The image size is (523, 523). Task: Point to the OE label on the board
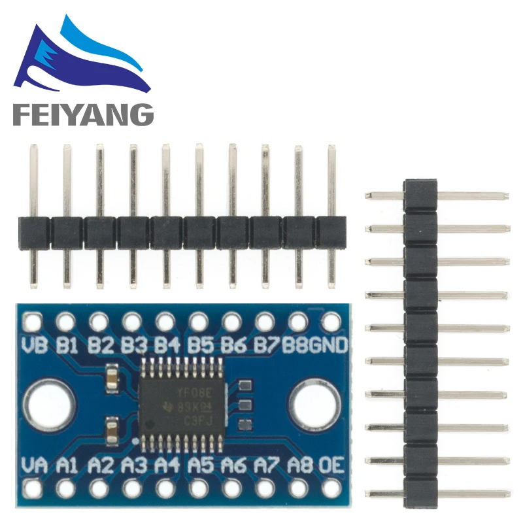coord(331,465)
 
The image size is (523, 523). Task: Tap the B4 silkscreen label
coord(166,345)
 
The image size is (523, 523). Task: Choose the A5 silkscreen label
coord(199,465)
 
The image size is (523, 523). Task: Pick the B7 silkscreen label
coord(265,345)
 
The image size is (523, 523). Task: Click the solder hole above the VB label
coord(33,322)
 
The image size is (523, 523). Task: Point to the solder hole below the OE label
coord(331,488)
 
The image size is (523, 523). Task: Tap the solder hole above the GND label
coord(331,322)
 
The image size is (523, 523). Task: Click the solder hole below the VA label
coord(33,488)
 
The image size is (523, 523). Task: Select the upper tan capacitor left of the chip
coord(112,376)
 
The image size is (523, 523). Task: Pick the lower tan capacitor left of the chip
coord(112,430)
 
